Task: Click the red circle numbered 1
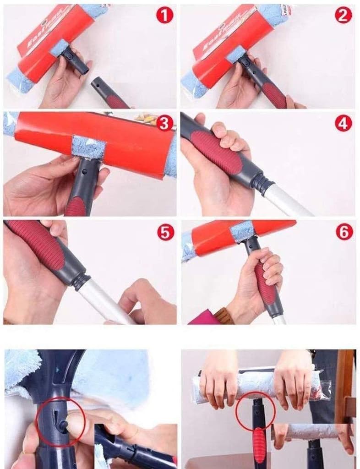(x=165, y=16)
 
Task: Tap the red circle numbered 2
(x=343, y=16)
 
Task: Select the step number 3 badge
(x=165, y=123)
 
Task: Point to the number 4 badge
(x=343, y=123)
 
